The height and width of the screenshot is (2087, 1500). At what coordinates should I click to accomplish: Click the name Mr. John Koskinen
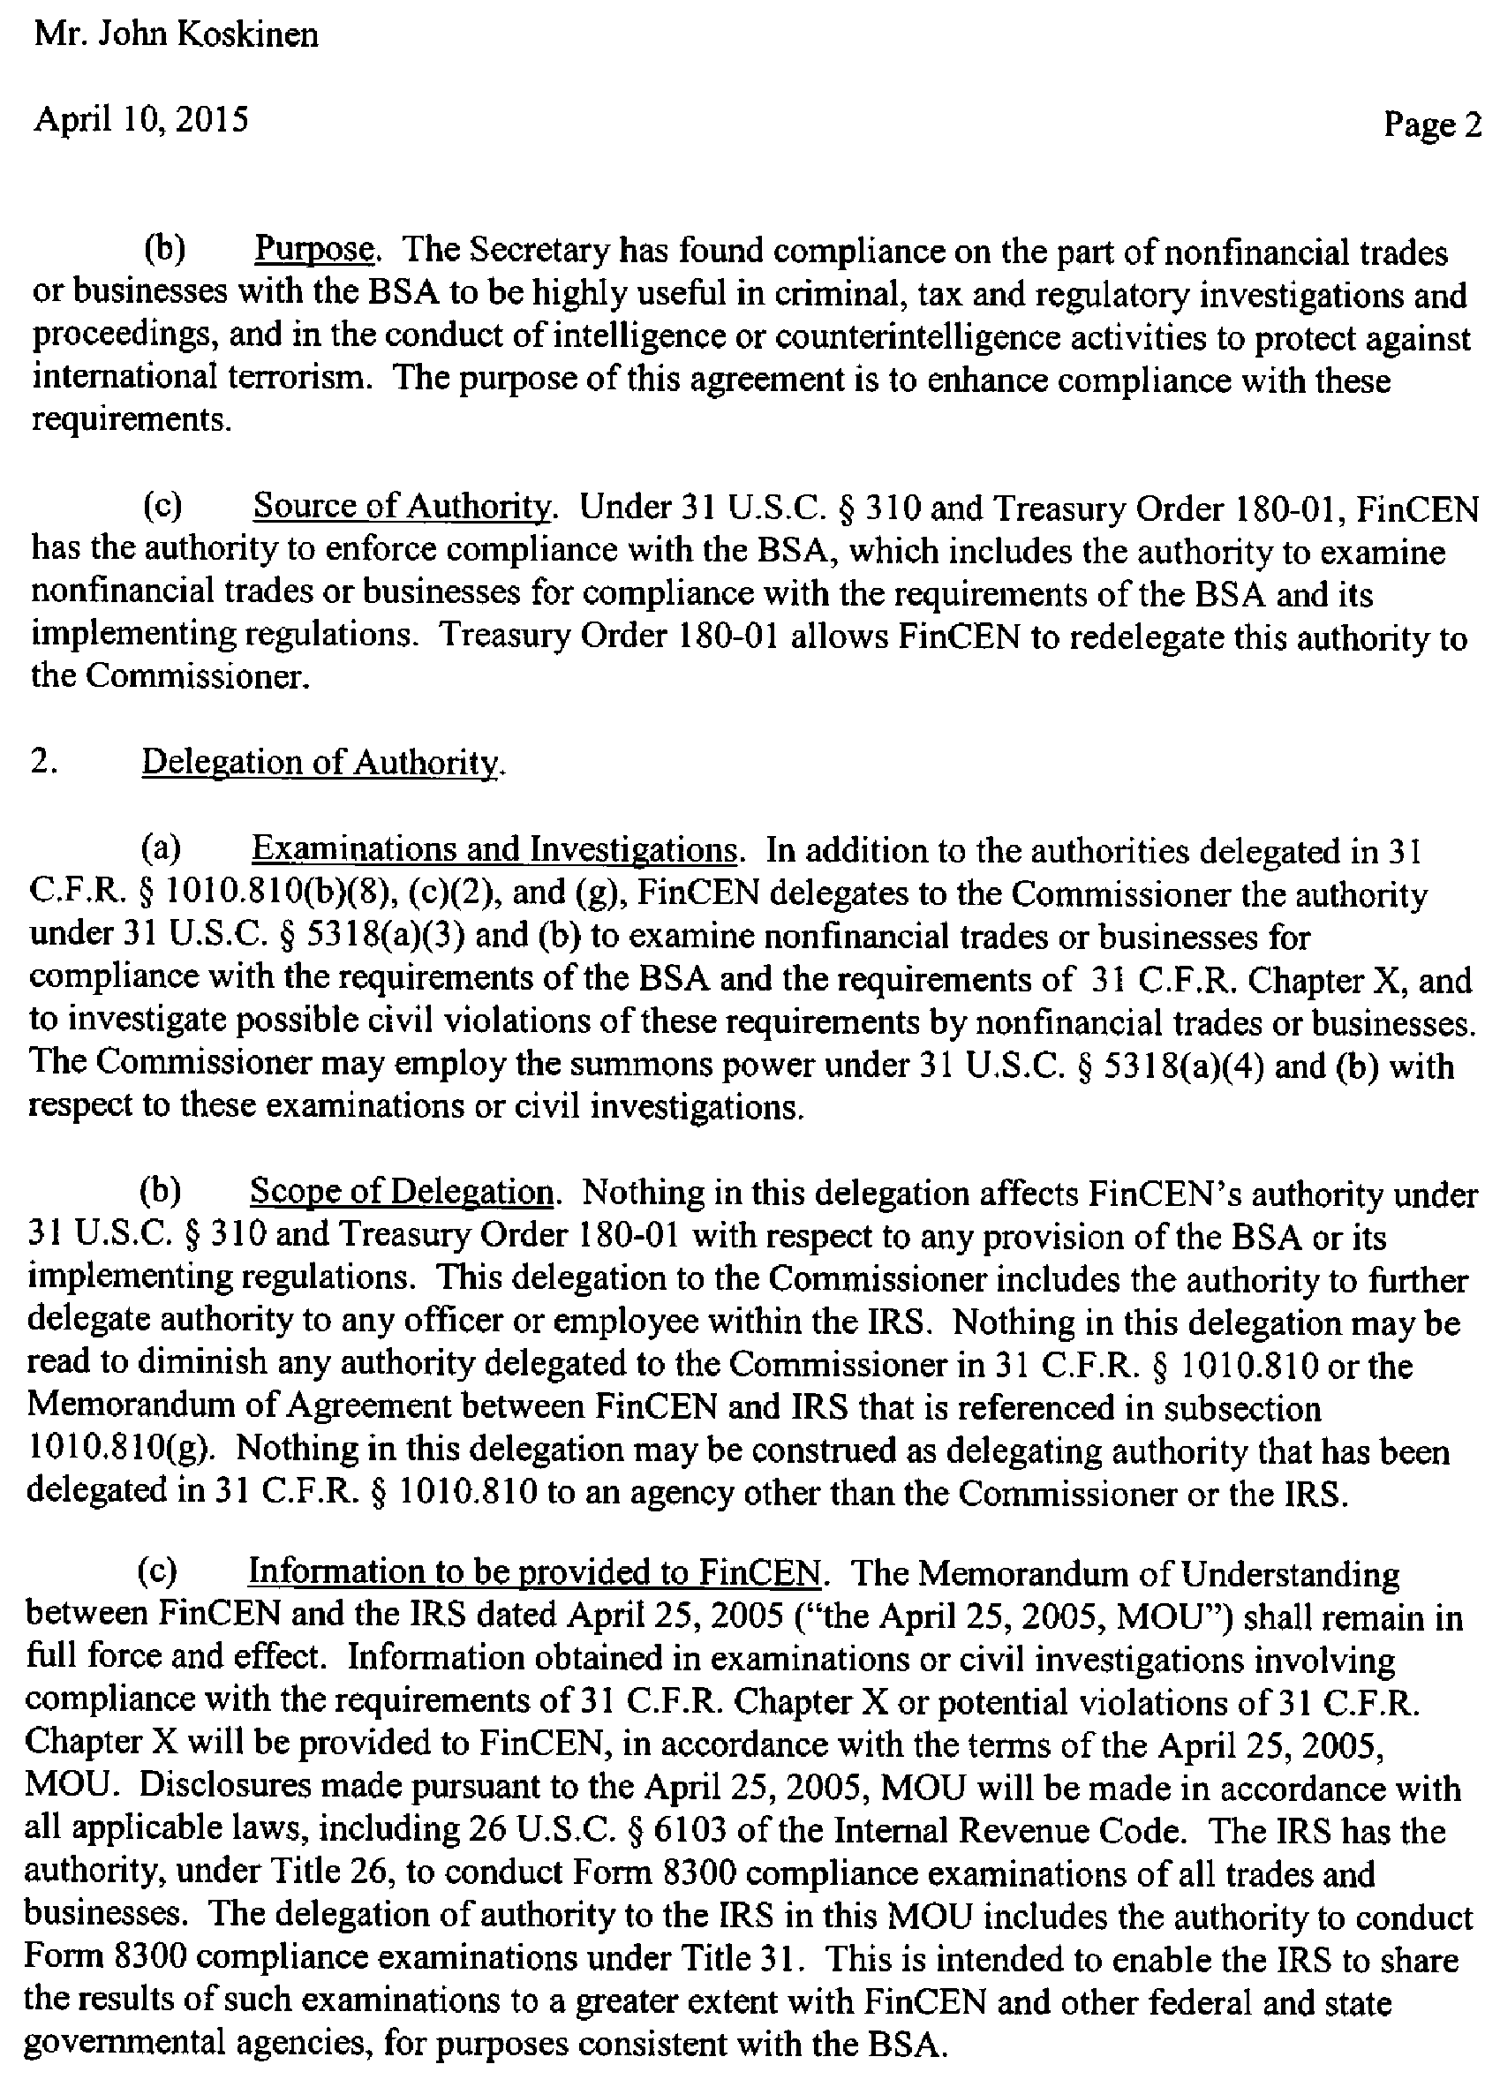click(x=176, y=35)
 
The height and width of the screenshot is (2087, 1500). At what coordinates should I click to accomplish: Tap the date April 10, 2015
click(x=140, y=120)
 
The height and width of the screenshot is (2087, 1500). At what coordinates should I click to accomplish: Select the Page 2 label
click(x=1432, y=124)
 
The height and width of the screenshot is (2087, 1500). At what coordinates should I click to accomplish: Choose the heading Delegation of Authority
click(x=322, y=762)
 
